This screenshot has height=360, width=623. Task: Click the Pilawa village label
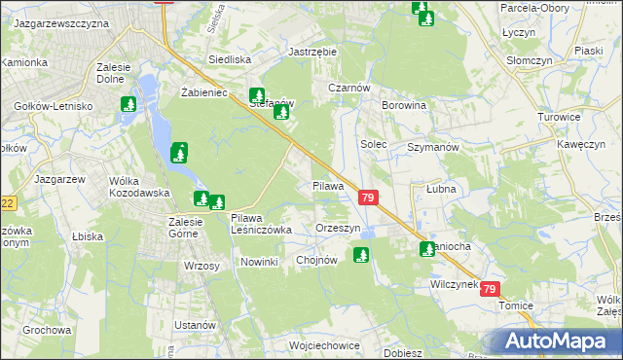(x=328, y=185)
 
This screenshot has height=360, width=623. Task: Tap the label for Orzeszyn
(x=338, y=228)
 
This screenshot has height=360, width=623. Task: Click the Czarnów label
(x=349, y=87)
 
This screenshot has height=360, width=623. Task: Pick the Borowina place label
(x=404, y=105)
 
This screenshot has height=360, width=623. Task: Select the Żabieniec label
(x=203, y=93)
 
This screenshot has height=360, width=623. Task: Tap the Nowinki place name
(x=259, y=262)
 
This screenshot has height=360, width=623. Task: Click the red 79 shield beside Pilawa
(x=368, y=197)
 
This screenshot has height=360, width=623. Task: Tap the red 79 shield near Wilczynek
(x=491, y=289)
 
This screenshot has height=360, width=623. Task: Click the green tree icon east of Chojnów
(x=362, y=256)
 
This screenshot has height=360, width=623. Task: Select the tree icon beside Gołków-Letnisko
(x=128, y=104)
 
